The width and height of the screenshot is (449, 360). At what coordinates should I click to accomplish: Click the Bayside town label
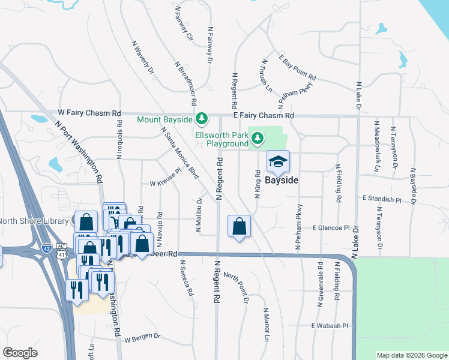[x=282, y=179]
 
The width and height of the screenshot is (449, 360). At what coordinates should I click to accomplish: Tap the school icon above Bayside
[x=278, y=161]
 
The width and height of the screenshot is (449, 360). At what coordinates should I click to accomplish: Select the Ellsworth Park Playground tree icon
[x=258, y=139]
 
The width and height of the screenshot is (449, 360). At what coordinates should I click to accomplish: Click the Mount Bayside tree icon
[x=202, y=119]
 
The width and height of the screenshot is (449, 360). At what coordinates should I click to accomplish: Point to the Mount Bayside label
[x=166, y=120]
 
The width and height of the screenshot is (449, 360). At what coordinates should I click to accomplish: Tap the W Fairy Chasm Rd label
[x=89, y=113]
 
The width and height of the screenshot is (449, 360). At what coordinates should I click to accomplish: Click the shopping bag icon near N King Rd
[x=239, y=226]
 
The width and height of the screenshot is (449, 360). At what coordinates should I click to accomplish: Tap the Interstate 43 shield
[x=47, y=247]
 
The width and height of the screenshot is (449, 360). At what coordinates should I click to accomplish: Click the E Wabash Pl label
[x=330, y=326]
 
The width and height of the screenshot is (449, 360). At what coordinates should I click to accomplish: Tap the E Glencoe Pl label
[x=331, y=228]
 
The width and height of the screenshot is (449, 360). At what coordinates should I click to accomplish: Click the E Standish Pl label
[x=381, y=198]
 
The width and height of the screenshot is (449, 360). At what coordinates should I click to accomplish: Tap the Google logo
[x=20, y=353]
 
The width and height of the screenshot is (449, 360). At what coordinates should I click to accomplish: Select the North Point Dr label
[x=236, y=287]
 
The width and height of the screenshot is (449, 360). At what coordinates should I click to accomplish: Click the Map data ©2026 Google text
[x=412, y=355]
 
